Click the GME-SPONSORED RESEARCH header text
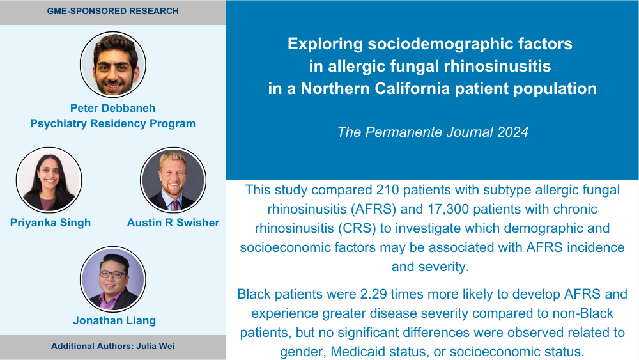[113, 11]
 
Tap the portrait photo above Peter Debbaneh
[113, 65]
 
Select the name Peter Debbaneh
[113, 108]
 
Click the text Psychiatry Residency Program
[113, 123]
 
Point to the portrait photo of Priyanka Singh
[49, 180]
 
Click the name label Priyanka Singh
[50, 223]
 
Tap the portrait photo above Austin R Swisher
[173, 180]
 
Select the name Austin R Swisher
[173, 223]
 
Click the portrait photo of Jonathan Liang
[113, 279]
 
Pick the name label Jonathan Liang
[114, 320]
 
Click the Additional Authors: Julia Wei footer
[113, 346]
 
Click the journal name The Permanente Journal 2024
[433, 132]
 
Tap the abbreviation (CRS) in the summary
[357, 228]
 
